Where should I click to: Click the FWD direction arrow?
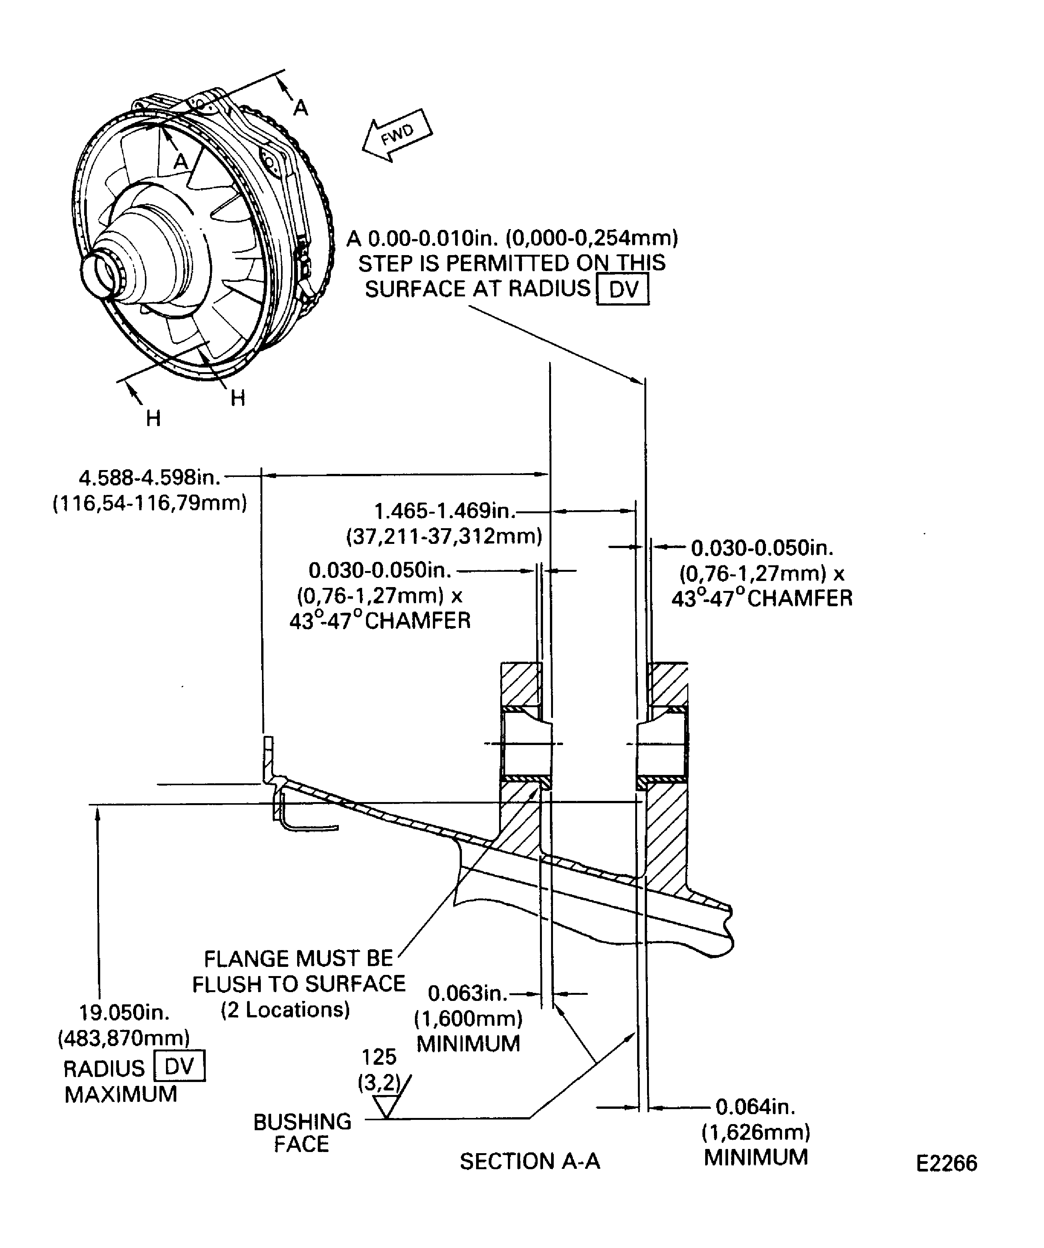397,135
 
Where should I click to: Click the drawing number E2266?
946,1163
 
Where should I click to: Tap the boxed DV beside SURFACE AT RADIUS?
623,290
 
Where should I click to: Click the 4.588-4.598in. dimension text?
150,477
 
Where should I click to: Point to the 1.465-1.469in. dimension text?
444,511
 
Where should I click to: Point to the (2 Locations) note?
285,1010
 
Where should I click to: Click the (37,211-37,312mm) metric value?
444,536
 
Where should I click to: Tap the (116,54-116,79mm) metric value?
150,503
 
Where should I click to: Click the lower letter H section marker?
153,418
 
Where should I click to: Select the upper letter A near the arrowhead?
301,107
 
